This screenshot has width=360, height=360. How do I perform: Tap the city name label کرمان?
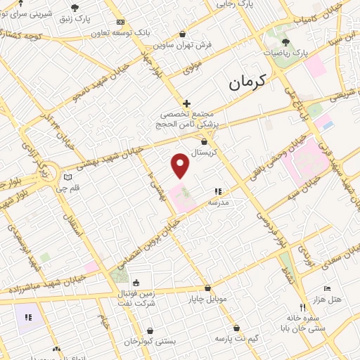[248, 84]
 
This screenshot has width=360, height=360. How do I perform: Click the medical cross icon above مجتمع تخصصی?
[186, 103]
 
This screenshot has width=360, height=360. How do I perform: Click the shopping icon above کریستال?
[204, 141]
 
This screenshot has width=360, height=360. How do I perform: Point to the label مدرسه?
[219, 202]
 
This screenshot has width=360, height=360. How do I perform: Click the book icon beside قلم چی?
[67, 177]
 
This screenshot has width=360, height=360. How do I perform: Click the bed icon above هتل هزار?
[327, 288]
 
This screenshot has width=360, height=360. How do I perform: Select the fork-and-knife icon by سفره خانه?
[302, 307]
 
